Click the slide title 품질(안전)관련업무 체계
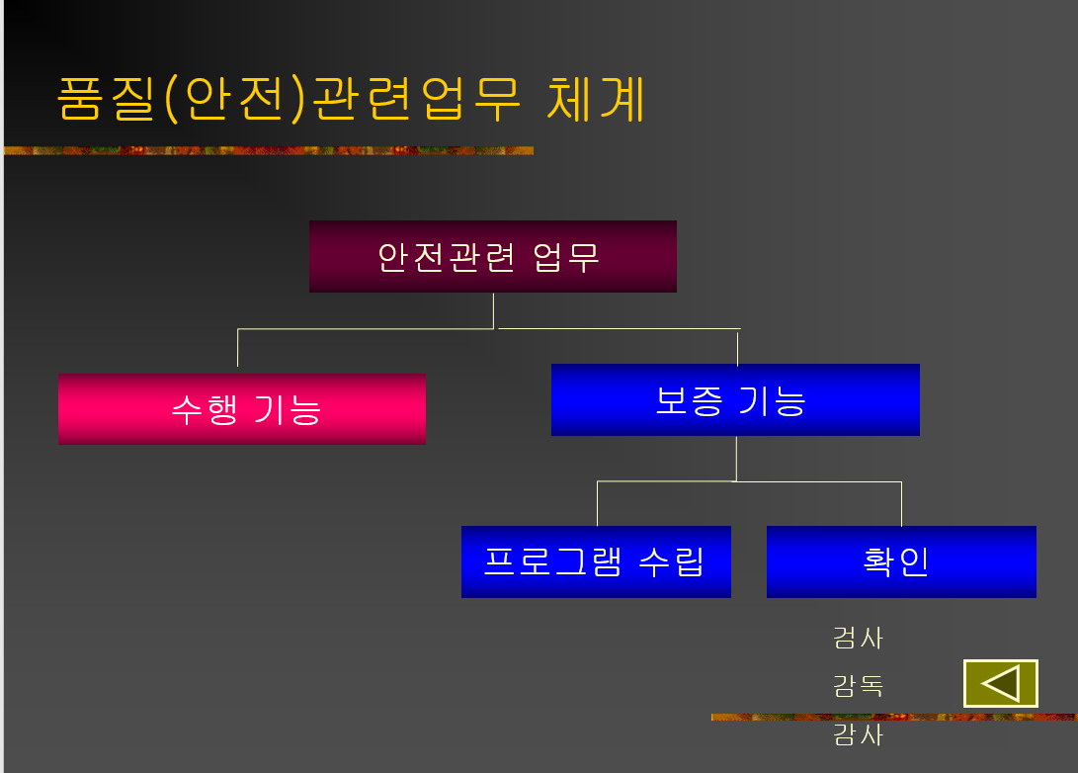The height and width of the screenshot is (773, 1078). click(x=351, y=99)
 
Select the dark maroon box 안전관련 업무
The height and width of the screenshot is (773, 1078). click(x=492, y=257)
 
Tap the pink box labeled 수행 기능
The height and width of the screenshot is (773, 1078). click(x=242, y=409)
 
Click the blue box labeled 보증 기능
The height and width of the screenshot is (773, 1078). click(x=735, y=400)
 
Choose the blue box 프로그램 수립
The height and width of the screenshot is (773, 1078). click(x=596, y=561)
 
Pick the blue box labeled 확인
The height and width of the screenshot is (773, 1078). click(x=901, y=561)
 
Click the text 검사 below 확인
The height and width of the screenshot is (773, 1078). click(x=858, y=638)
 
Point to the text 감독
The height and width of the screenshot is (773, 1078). click(x=858, y=685)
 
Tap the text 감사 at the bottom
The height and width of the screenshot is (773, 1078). click(x=858, y=735)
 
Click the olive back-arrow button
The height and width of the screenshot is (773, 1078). click(x=1001, y=683)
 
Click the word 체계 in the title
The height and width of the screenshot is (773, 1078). click(x=595, y=99)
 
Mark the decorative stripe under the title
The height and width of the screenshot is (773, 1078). click(x=268, y=151)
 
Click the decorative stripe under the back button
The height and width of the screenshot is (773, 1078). click(x=894, y=717)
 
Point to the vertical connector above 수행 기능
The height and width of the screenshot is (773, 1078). click(x=238, y=350)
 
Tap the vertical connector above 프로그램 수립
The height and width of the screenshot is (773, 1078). click(x=597, y=503)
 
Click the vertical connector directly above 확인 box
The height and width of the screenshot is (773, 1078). click(x=901, y=503)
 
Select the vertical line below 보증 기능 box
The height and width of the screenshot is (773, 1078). click(x=736, y=458)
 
